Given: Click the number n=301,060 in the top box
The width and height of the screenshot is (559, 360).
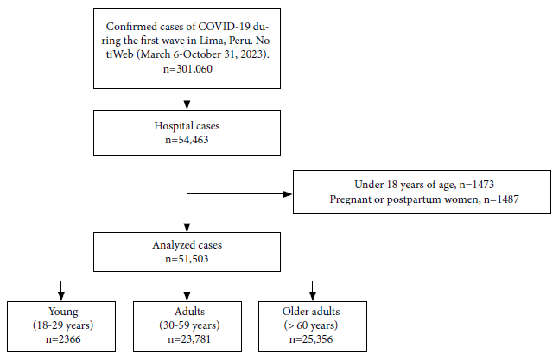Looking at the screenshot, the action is pos(187,69).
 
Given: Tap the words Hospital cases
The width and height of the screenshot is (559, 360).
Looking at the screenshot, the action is pos(187,126).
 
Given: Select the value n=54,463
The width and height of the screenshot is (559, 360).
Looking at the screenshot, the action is pos(187,140).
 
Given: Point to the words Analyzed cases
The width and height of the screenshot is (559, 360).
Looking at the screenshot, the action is pos(187,245).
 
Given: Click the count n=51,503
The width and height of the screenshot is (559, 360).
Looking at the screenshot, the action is pos(187,259).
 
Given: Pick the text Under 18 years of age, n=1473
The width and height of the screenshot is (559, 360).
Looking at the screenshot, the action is pos(424,185).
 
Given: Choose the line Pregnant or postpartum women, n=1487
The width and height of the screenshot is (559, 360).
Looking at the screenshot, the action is pos(424,199).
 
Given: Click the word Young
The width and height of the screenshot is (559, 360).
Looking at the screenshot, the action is pos(63,312).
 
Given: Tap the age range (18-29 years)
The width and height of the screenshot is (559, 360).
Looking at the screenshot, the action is pos(63,325).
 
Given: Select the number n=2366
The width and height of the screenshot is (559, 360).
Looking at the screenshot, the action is pos(63,339).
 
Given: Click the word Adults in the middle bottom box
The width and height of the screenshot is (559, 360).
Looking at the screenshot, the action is pos(189,312).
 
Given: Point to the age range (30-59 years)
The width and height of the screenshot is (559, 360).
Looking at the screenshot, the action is pos(189,325).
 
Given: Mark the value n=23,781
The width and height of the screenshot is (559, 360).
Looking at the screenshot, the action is pos(189,339).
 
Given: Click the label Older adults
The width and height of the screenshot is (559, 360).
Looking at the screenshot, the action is pos(311,312).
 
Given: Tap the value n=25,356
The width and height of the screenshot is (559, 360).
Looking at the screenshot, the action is pos(311,339).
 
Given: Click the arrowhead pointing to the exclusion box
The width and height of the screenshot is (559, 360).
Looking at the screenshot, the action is pos(288,194).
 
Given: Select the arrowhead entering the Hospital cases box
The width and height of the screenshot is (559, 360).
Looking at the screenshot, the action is pos(187,104).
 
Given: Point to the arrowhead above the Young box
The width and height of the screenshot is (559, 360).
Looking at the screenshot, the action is pos(61,296).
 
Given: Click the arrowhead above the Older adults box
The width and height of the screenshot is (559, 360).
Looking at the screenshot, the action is pos(313,296).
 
